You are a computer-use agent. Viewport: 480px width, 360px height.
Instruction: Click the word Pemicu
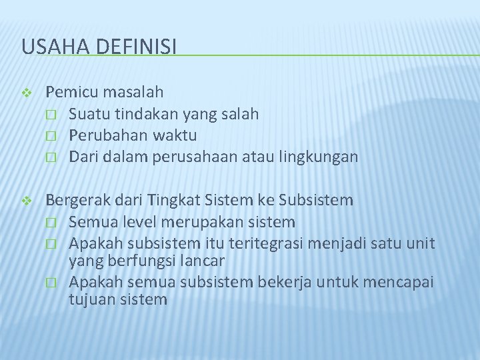click(69, 91)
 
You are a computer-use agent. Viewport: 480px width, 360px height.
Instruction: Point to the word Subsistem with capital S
click(316, 200)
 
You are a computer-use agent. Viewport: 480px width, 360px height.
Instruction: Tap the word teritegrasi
click(260, 243)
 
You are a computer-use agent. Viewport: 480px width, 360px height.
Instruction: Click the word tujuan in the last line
click(90, 299)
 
